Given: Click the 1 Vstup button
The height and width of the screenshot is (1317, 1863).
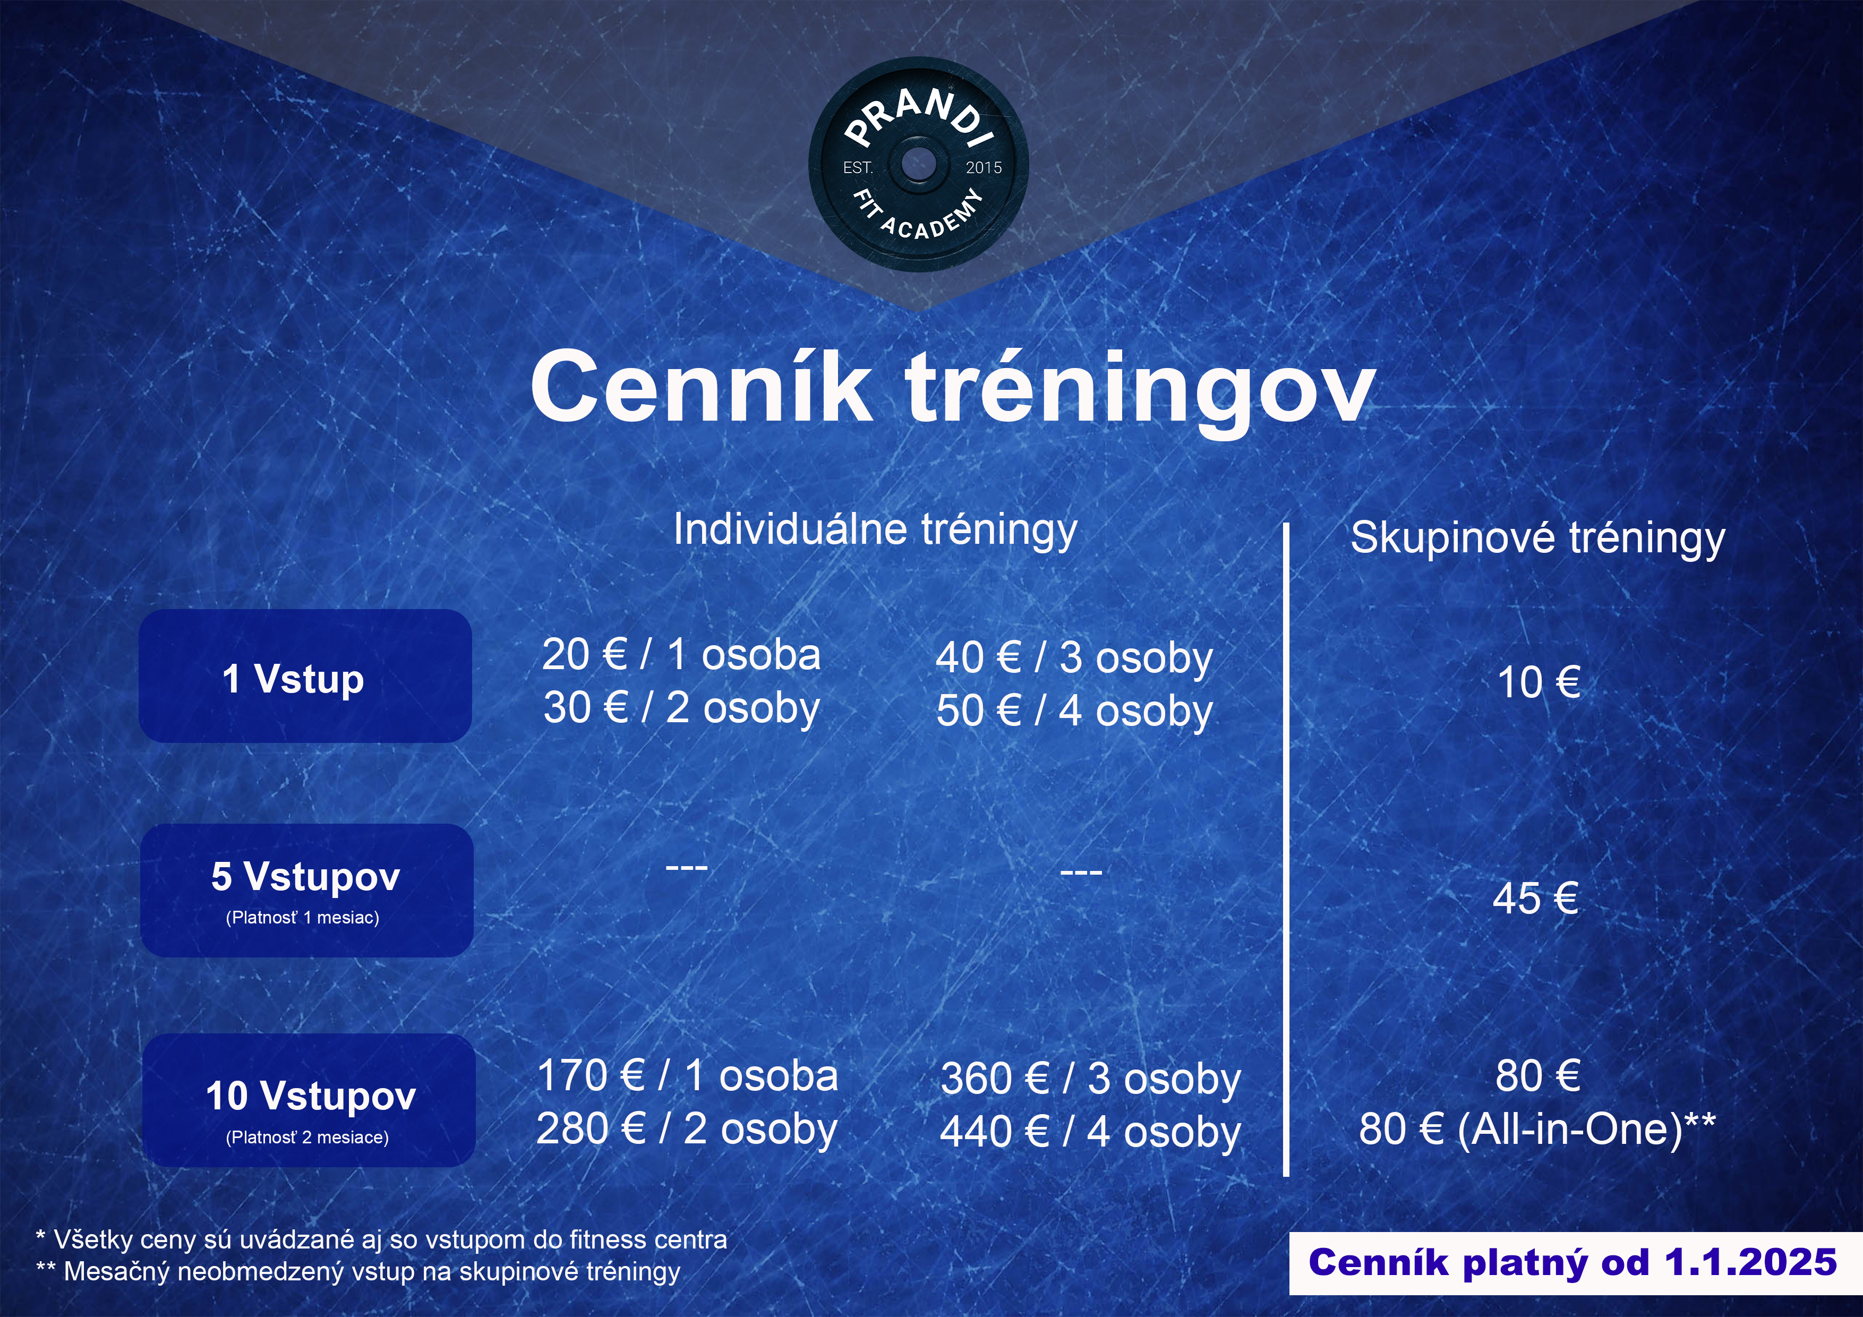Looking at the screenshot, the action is point(305,676).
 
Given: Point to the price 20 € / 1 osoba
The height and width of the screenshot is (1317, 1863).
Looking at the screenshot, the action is point(681,655).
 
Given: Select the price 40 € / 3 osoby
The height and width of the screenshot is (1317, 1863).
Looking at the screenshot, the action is point(1074,658).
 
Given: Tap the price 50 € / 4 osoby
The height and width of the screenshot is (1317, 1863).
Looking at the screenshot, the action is point(1074,712).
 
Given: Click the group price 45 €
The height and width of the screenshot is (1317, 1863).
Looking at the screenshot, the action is point(1535,899).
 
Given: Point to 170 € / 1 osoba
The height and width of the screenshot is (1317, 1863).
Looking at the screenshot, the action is point(687,1076).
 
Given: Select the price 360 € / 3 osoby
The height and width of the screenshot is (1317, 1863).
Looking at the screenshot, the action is point(1090,1079).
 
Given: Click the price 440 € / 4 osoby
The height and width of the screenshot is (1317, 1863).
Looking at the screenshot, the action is point(1090,1133).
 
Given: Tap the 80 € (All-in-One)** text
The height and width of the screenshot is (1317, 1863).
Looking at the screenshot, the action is point(1537,1128).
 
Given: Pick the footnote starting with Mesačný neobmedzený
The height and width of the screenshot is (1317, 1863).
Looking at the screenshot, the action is point(358,1271).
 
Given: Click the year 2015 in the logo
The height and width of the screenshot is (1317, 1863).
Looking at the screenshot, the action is point(984,168).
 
